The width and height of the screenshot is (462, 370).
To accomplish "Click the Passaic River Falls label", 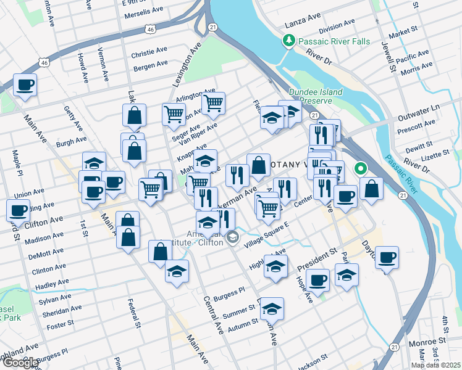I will (x=334, y=41).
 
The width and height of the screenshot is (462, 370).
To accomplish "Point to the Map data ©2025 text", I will (x=435, y=365).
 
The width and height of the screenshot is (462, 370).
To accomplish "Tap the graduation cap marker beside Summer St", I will (x=271, y=308).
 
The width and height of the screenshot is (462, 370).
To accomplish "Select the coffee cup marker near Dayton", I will (x=387, y=256).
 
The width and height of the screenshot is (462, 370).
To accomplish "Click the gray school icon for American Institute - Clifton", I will (x=232, y=236).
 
